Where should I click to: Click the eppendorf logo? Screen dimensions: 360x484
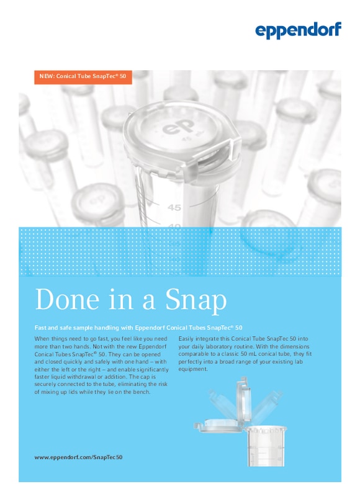coord(298,30)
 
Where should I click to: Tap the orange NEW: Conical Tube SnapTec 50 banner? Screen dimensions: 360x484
coord(83,77)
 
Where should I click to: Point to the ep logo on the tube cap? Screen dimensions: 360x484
coord(176,129)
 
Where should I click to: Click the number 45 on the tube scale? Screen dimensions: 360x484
coord(174,207)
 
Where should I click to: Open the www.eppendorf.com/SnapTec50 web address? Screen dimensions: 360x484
coord(78,457)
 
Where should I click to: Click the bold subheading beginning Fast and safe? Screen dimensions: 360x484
coord(138,327)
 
